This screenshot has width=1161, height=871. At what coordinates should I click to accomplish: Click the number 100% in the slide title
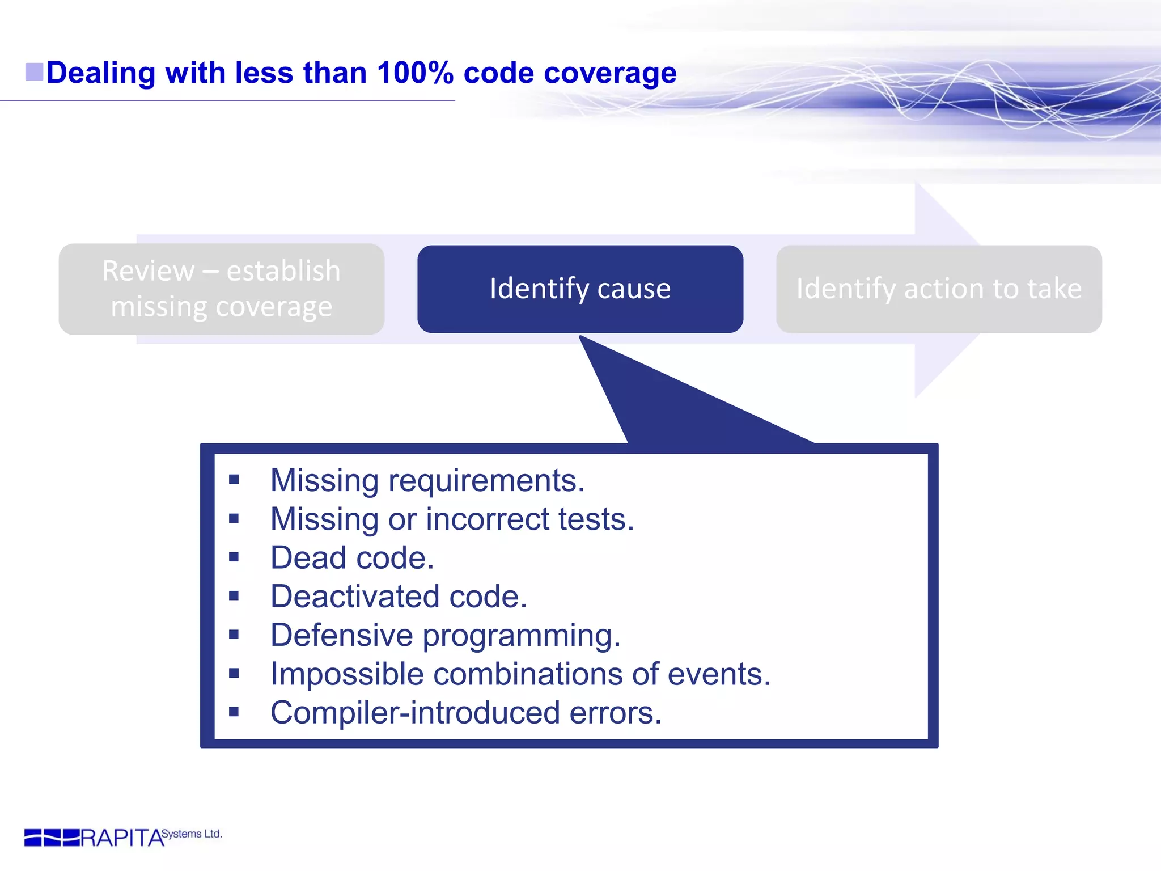tap(415, 73)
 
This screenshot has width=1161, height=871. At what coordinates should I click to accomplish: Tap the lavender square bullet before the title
tap(34, 72)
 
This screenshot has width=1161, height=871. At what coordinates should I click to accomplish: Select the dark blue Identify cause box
tap(580, 289)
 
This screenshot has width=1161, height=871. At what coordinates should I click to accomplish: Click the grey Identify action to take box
tap(939, 289)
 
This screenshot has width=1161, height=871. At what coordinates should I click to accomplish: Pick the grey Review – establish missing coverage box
tap(221, 289)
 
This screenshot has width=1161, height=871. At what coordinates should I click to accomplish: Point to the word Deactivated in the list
tap(355, 597)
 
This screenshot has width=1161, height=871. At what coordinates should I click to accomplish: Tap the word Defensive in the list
tap(341, 635)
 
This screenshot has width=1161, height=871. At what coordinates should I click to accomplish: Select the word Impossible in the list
tap(347, 674)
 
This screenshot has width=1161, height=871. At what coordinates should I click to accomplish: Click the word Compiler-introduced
tap(415, 713)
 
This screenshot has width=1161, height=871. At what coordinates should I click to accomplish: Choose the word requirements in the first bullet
tap(486, 481)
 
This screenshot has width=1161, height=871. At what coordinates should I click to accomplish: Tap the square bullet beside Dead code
tap(234, 557)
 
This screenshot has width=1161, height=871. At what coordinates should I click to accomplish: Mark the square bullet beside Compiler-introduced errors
tap(234, 712)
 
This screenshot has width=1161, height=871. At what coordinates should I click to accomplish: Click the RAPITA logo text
tap(121, 838)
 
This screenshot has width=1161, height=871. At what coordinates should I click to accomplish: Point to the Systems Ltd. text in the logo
tap(192, 834)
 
